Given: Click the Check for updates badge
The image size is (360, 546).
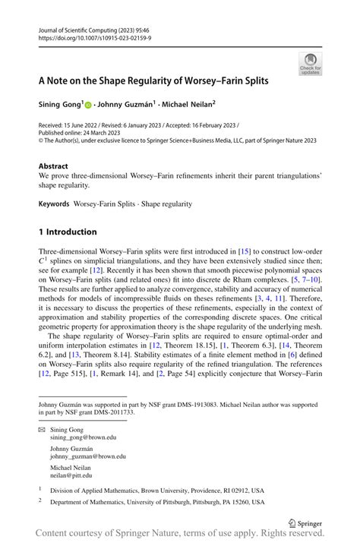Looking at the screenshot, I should tap(310, 64).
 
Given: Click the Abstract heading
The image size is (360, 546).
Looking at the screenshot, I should tap(55, 166).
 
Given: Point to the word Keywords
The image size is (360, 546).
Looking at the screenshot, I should tap(54, 204).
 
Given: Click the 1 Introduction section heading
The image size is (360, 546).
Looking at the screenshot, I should tap(68, 232).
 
